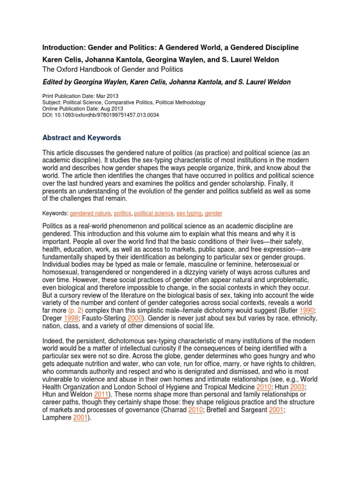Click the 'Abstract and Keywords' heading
[x=82, y=138]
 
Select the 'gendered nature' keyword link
[x=90, y=213]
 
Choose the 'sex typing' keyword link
[x=189, y=213]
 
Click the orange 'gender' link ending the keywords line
[x=213, y=213]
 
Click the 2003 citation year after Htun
[x=297, y=388]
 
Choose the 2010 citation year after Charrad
[x=195, y=410]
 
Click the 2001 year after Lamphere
[x=80, y=418]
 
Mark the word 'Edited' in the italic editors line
[x=53, y=82]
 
